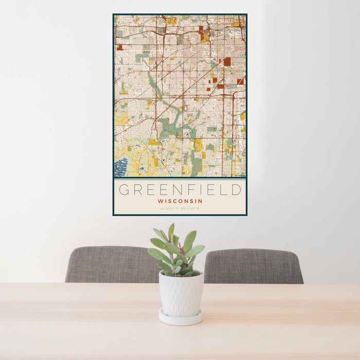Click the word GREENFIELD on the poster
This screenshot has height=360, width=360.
tap(180, 190)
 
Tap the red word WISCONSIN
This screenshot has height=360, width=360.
tap(180, 201)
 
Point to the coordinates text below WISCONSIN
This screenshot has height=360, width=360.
tap(180, 208)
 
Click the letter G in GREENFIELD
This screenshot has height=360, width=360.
tap(123, 190)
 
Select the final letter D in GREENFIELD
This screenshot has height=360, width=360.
tap(236, 190)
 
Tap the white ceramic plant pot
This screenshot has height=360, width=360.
tap(181, 294)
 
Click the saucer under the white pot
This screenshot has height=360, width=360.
tap(180, 318)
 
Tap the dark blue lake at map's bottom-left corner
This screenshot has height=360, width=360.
tap(120, 168)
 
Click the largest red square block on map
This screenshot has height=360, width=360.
tap(227, 62)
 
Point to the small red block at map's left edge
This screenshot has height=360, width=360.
tap(119, 47)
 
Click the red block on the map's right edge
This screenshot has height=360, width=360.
tap(240, 81)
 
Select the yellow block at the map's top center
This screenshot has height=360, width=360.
tap(171, 21)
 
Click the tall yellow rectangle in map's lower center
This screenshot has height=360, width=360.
tap(198, 145)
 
